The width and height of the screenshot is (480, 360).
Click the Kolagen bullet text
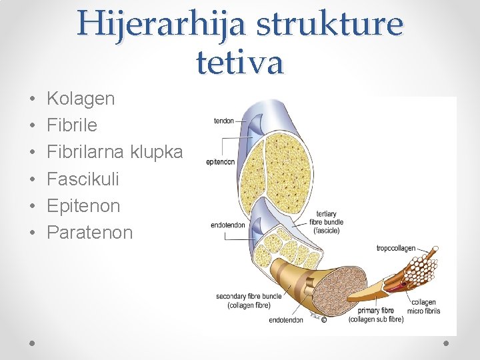[81, 99]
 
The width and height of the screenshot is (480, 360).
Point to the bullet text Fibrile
[72, 125]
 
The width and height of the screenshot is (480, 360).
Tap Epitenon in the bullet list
[83, 205]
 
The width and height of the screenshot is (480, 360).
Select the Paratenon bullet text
[90, 232]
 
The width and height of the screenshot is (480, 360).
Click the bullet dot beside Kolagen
[32, 99]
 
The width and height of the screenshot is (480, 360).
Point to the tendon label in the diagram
[223, 121]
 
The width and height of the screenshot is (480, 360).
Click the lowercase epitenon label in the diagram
[220, 162]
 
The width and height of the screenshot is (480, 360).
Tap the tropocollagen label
[396, 249]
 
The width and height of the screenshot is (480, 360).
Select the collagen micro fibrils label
[425, 307]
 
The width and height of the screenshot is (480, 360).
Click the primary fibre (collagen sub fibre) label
[375, 315]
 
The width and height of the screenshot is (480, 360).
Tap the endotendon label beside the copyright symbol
[286, 320]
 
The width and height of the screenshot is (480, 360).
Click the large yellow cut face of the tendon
[287, 167]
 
